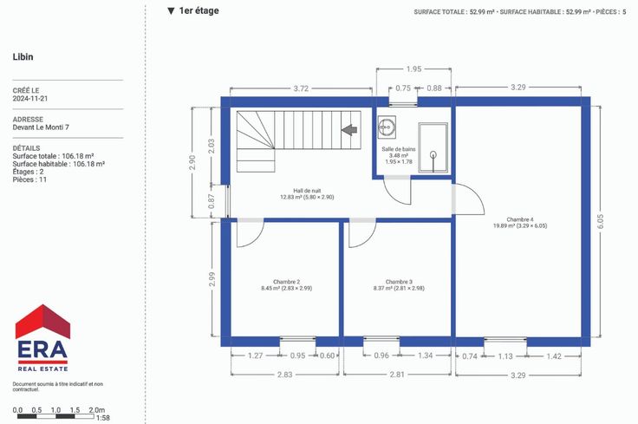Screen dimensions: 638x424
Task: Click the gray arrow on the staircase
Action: (349, 130)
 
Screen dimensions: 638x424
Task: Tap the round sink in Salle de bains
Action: (386, 127)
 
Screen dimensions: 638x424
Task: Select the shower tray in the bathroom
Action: (433, 147)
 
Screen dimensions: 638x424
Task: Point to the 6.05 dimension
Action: (601, 221)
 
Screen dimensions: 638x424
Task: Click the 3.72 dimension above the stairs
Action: (301, 88)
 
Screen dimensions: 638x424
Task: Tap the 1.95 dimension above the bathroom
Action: (413, 69)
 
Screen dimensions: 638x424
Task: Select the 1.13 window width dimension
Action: (505, 356)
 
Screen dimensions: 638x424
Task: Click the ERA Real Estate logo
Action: (42, 338)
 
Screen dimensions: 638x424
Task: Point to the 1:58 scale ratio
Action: (103, 418)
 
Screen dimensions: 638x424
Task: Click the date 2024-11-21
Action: (30, 99)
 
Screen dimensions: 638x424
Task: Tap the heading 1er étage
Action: (199, 11)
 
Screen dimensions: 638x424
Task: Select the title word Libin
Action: (23, 57)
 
